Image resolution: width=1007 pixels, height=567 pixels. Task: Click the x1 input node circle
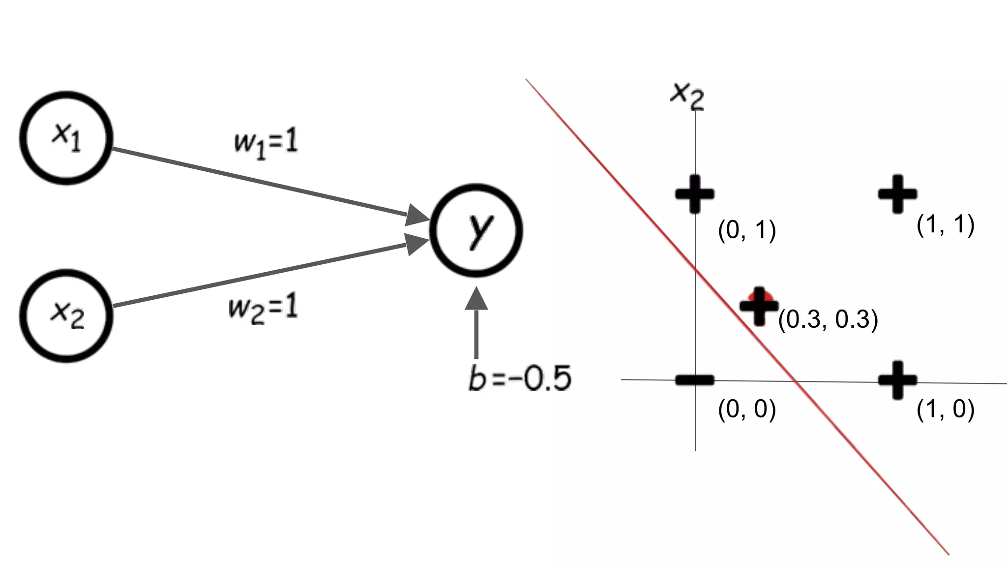[66, 138]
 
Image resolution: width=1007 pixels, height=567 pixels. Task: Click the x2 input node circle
[66, 315]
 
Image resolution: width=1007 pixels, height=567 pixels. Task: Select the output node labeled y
[476, 230]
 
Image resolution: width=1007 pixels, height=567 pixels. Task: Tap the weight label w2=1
[264, 309]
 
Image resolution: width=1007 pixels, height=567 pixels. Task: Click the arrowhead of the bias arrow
[476, 299]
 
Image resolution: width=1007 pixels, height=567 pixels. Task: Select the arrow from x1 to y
[261, 182]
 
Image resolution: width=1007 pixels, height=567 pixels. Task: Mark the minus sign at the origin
[694, 379]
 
